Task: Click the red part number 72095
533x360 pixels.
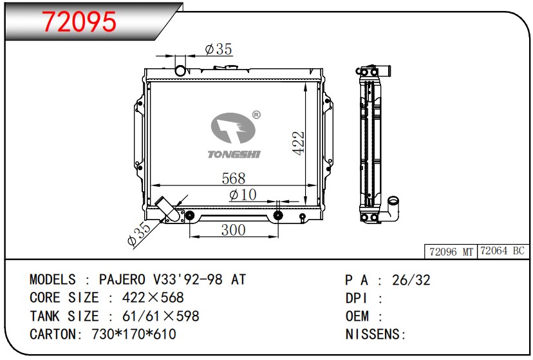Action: [79, 22]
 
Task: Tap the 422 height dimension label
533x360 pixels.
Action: [299, 143]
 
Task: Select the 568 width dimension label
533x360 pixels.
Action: [233, 178]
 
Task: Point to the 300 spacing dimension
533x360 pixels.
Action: [233, 230]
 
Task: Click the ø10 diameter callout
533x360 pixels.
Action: [243, 194]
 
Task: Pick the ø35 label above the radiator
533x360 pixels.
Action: [219, 50]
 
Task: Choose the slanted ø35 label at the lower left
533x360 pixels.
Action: [138, 234]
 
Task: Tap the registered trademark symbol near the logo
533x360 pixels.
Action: [256, 115]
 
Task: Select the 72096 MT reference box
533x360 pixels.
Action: [451, 252]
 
